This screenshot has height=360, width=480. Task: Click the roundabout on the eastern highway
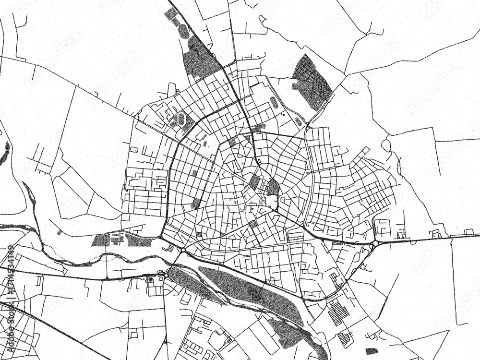tap(374, 244)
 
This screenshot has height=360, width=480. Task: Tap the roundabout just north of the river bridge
tap(183, 250)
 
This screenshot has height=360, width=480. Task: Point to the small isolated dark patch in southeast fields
tap(371, 351)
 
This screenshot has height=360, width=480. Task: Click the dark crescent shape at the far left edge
tap(5, 153)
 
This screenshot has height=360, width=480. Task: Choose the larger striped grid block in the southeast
tap(339, 312)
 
